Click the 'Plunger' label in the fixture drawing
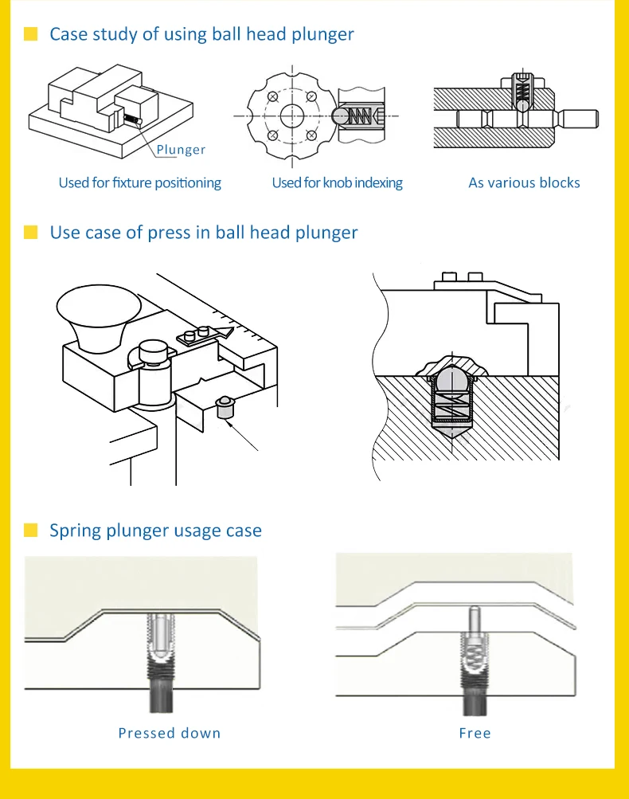tap(181, 150)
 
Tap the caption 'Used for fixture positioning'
tap(139, 183)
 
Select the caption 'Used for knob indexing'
tap(337, 183)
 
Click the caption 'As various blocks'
tap(524, 183)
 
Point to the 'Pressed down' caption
tap(169, 733)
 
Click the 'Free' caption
tap(475, 733)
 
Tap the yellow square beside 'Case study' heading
tap(31, 34)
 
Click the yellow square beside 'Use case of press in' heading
tap(31, 233)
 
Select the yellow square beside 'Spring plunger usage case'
tap(31, 531)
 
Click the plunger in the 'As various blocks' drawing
tap(520, 95)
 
